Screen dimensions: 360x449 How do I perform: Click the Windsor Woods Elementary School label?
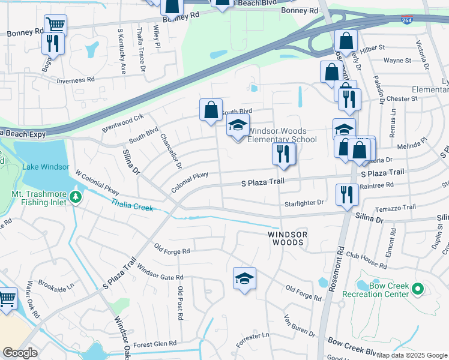point(282,136)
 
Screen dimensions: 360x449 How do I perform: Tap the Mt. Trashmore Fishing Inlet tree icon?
point(75,197)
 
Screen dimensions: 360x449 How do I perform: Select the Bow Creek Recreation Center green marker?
point(418,290)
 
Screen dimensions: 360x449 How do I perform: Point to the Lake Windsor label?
point(47,167)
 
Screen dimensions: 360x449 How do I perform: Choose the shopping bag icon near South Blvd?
point(211,110)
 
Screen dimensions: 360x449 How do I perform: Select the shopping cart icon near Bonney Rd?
point(55,25)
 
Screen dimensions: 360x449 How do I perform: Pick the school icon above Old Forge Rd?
point(244,278)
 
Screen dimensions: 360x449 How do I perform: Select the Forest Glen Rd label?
point(155,344)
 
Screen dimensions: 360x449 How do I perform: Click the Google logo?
point(20,353)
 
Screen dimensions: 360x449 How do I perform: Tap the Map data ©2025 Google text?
point(412,355)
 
